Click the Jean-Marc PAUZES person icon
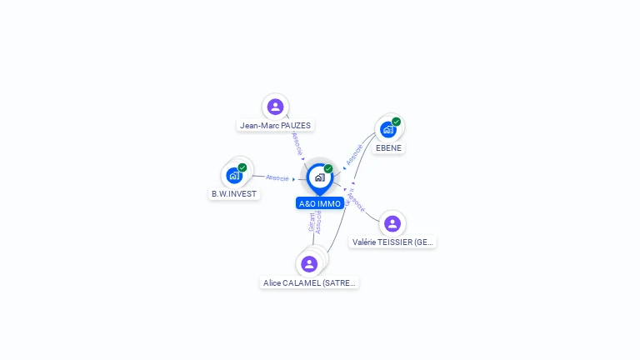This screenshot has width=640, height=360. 275,107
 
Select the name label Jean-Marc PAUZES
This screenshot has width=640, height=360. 275,126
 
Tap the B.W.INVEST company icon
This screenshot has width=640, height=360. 234,175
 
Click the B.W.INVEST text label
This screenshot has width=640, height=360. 234,193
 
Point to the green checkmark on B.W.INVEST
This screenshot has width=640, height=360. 242,167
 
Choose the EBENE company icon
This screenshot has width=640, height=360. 387,129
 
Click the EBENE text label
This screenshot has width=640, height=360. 388,148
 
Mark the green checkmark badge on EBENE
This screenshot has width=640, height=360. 397,122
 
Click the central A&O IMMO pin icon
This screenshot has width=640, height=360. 319,177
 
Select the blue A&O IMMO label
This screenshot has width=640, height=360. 320,203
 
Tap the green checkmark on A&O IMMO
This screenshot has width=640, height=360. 328,169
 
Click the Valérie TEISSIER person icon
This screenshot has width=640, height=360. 392,223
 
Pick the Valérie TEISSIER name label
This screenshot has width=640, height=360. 393,242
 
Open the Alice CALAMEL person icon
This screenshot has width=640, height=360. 309,264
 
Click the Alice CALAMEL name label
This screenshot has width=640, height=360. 310,283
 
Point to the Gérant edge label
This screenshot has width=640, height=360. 312,222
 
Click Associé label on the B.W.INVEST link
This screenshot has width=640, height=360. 277,177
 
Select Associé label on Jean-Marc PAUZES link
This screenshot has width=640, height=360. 297,142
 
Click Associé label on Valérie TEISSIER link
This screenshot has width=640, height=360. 356,203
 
